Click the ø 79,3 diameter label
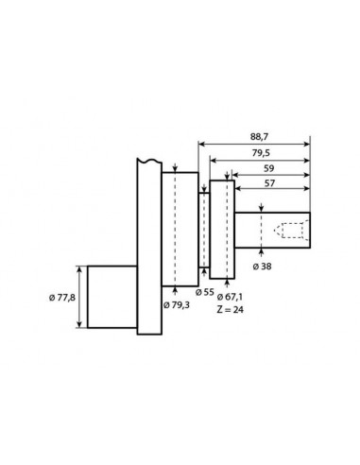(176, 303)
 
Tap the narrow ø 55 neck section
(203, 231)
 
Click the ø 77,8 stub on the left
(111, 296)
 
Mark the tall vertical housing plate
(148, 246)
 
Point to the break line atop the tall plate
(148, 160)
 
